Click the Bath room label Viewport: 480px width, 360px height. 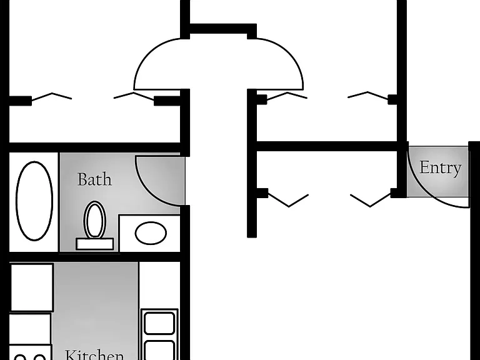pyautogui.click(x=94, y=179)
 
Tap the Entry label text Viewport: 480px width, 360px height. pyautogui.click(x=440, y=168)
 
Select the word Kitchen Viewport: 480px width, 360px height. pyautogui.click(x=94, y=355)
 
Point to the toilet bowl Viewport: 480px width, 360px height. pyautogui.click(x=94, y=219)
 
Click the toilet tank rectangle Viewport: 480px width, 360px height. pyautogui.click(x=94, y=244)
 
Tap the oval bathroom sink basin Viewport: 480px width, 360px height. pyautogui.click(x=151, y=233)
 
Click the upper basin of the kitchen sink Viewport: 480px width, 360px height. pyautogui.click(x=159, y=323)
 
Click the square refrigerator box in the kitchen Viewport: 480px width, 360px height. pyautogui.click(x=31, y=287)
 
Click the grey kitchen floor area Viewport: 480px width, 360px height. pyautogui.click(x=95, y=306)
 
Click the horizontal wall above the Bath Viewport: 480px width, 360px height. pyautogui.click(x=95, y=147)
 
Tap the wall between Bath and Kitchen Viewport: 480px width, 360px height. pyautogui.click(x=95, y=257)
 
